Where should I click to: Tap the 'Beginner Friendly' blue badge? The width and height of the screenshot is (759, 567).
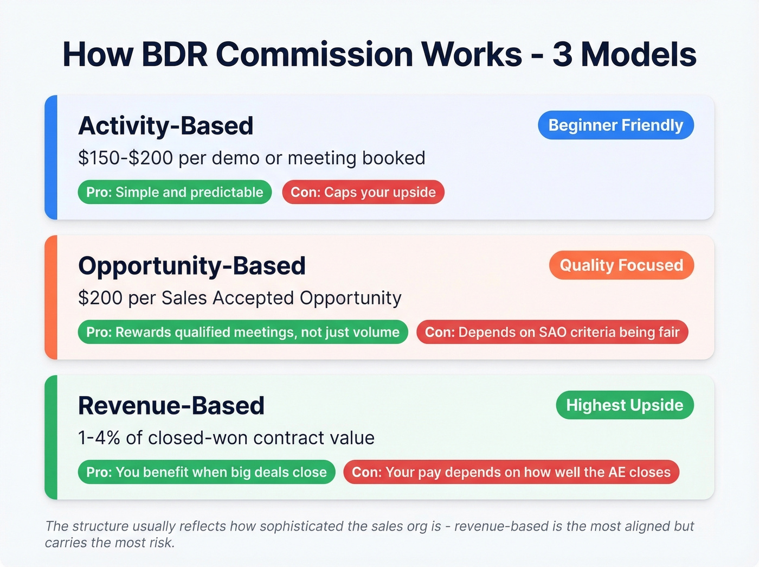click(615, 125)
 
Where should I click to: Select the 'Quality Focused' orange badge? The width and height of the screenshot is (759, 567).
click(621, 265)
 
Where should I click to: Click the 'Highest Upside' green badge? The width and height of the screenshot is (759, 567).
click(625, 405)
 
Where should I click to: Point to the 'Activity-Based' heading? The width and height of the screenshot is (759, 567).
click(166, 126)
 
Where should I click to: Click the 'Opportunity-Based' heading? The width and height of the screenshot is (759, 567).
click(192, 266)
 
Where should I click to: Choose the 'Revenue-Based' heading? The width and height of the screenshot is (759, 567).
click(171, 406)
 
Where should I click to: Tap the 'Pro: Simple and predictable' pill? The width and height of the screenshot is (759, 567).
click(175, 193)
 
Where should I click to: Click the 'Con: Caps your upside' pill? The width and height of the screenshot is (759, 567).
click(363, 193)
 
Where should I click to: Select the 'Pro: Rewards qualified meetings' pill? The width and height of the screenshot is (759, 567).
click(243, 333)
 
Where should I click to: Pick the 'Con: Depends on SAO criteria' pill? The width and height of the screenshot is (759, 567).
click(552, 333)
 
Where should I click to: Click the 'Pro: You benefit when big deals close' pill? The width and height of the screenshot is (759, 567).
click(207, 473)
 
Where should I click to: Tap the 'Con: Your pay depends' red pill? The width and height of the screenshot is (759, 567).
click(511, 473)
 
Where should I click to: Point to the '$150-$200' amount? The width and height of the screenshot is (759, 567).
click(125, 158)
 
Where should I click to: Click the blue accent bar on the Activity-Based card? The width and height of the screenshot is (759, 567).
click(51, 157)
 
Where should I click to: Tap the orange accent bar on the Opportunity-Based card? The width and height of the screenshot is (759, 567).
click(51, 297)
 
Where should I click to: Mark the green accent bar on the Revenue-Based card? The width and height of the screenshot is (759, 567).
click(51, 437)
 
